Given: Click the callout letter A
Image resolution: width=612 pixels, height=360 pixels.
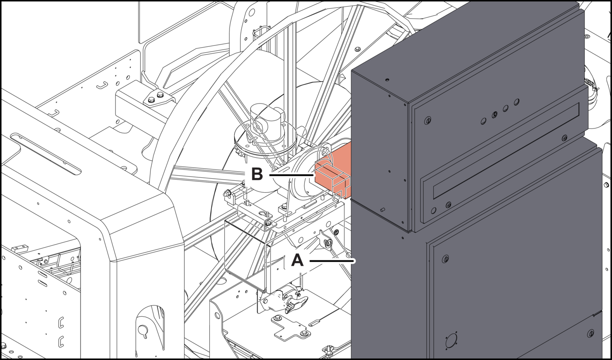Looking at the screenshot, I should [297, 261].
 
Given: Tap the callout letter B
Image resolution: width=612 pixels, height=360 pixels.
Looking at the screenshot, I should [257, 174].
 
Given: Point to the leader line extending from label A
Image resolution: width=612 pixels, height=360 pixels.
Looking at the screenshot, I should [332, 261].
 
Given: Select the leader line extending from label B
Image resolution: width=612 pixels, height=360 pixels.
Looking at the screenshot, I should [291, 174].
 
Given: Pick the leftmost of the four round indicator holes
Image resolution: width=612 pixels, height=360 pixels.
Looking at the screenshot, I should [483, 120].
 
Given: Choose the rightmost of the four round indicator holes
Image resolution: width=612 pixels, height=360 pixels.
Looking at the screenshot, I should [517, 102].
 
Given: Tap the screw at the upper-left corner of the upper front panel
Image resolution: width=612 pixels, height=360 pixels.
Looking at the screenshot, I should [428, 120].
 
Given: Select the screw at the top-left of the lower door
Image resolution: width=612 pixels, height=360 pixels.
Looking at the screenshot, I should [445, 259].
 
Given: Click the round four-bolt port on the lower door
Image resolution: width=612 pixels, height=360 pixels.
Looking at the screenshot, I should [450, 341].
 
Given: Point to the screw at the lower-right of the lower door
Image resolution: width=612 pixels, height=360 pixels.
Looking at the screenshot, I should [591, 333].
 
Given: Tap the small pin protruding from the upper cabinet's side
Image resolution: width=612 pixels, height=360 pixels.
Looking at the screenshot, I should [382, 210].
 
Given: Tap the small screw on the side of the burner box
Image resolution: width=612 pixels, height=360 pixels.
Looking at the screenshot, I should [336, 232].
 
